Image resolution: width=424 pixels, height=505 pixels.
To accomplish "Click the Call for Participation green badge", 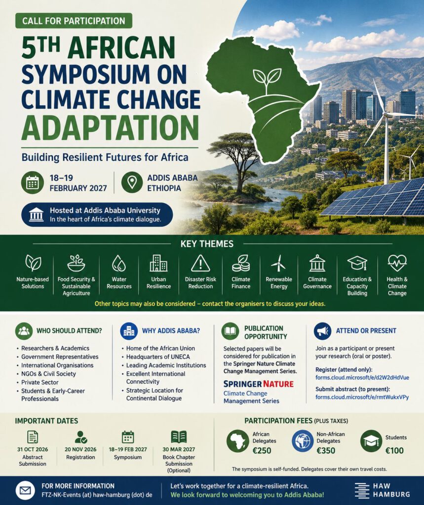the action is (74, 21).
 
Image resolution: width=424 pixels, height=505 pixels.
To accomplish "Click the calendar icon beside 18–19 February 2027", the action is (33, 182).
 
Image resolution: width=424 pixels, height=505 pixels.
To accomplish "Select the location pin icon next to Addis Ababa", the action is (132, 182).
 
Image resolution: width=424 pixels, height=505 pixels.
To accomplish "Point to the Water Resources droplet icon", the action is (118, 263).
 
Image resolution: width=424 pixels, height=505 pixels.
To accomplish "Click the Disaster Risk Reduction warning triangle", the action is (200, 263).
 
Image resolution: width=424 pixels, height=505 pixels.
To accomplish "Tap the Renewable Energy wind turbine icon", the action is (278, 263).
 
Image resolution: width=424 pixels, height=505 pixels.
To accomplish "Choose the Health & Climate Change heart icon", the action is (397, 263).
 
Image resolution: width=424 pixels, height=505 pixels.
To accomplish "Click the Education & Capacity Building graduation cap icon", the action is (357, 263).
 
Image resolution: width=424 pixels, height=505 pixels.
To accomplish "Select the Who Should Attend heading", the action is (69, 331).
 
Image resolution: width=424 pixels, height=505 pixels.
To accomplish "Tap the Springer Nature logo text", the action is (259, 384).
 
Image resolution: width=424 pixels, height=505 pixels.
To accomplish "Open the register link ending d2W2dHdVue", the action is (362, 377).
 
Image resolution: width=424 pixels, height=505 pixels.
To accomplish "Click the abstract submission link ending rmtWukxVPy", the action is (362, 397).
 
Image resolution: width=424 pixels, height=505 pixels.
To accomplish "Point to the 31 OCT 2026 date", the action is (33, 449).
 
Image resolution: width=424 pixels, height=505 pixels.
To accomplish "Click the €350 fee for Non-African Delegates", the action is (326, 450).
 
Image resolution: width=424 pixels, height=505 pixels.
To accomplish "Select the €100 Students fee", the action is (394, 450).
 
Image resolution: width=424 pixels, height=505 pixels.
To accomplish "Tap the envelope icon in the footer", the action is (25, 491).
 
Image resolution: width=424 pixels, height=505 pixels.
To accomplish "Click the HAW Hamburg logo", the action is (382, 490).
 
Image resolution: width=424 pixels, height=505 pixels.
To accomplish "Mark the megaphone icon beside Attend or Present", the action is (322, 331).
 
